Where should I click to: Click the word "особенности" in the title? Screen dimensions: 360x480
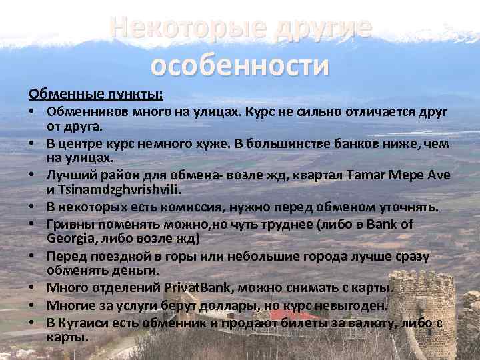[x=240, y=65]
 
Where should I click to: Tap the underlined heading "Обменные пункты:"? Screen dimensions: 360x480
[x=95, y=92]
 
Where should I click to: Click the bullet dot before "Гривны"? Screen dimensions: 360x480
[x=31, y=224]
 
